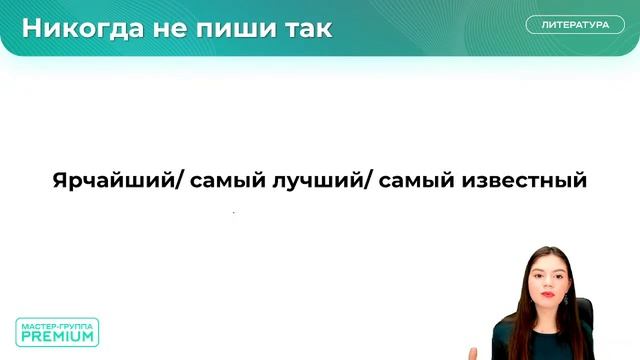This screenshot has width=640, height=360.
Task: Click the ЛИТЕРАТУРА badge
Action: click(575, 25)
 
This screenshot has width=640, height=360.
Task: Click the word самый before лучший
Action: click(223, 182)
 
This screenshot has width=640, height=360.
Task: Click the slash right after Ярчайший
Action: click(181, 182)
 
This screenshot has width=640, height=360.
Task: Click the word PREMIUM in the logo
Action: click(57, 337)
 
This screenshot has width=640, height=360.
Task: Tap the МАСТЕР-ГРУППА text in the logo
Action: click(57, 324)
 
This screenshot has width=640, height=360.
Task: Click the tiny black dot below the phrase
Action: click(234, 213)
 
